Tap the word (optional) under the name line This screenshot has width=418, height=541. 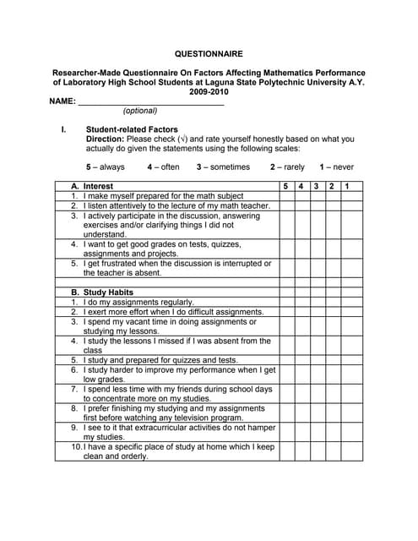coord(140,111)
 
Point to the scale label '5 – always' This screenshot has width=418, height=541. coord(106,167)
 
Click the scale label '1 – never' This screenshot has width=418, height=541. coord(337,167)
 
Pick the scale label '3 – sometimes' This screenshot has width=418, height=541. coord(223,167)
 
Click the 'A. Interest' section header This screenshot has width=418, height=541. coord(92,186)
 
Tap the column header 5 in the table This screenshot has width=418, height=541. coord(286,186)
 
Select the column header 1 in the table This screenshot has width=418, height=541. coord(347,186)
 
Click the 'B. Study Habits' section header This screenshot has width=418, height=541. coord(102,292)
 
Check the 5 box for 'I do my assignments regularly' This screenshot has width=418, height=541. coord(286,302)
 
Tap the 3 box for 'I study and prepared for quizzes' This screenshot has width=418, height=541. coord(318,360)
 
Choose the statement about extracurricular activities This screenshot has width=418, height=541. coord(177,432)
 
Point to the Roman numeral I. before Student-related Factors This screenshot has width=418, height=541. coord(63,129)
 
